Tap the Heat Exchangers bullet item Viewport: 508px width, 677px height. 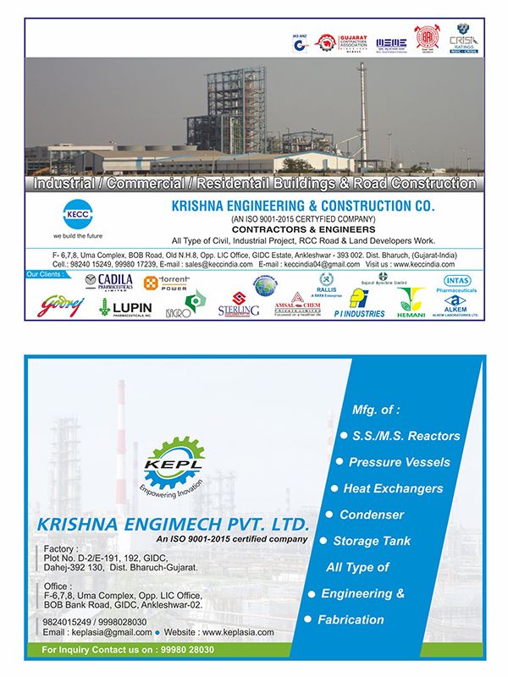coord(392,488)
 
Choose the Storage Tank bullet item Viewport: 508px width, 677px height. coord(371,541)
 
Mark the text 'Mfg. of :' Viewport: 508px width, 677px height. coord(376,410)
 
